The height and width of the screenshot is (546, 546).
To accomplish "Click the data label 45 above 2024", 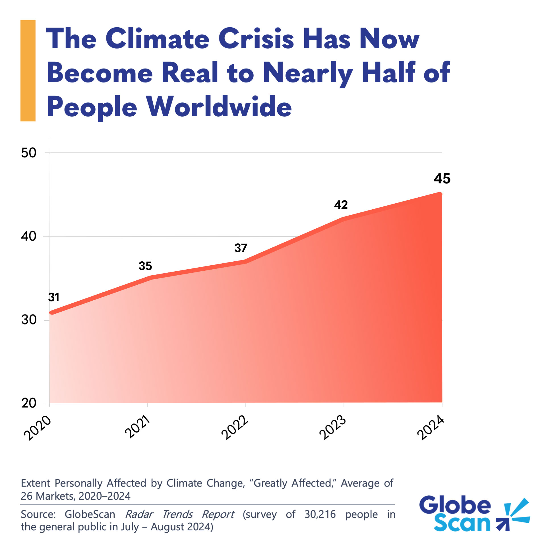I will (x=442, y=179).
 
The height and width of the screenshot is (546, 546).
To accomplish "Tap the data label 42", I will (x=341, y=205).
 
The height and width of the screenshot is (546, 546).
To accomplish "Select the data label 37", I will (x=241, y=248).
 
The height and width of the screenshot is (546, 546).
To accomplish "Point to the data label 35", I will (x=145, y=266).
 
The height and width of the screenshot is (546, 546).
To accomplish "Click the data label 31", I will (x=54, y=297).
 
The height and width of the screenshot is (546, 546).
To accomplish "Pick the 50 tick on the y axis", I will (x=29, y=153).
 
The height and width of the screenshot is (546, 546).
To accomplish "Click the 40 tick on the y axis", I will (x=29, y=236).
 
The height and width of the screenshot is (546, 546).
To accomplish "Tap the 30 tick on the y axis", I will (x=29, y=320).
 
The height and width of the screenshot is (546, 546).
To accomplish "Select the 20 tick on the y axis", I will (x=29, y=403).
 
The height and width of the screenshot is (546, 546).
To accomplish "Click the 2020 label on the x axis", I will (x=38, y=428).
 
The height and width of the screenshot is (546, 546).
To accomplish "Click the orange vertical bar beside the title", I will (x=28, y=71).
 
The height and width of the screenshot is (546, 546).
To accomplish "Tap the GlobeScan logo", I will (x=473, y=514).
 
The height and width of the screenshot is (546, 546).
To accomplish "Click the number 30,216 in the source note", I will (x=320, y=514).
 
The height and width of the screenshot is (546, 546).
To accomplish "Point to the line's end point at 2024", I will (x=440, y=194).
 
